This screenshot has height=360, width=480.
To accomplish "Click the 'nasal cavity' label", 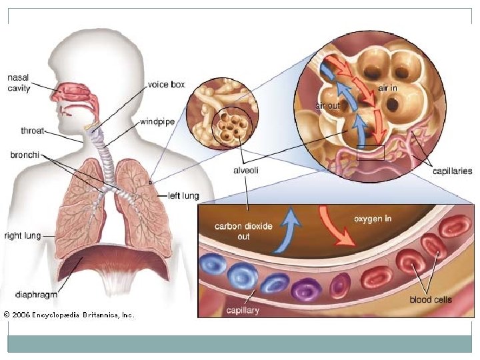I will (x=19, y=83).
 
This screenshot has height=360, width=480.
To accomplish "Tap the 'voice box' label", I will (x=166, y=85).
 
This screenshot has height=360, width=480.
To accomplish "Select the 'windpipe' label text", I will (x=156, y=122).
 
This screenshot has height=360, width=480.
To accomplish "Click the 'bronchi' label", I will (x=24, y=155).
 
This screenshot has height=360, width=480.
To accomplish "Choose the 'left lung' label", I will (x=182, y=196).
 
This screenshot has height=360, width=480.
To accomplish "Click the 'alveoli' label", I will (x=245, y=171).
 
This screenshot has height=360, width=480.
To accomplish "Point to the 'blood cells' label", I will (x=431, y=299).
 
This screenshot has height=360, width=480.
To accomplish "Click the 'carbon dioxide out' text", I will (x=243, y=231).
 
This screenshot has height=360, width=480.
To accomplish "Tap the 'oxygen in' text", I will (x=372, y=219).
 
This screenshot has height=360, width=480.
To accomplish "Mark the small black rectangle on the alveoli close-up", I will (x=371, y=153).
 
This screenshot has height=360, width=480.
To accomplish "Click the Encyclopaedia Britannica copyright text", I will (x=68, y=315).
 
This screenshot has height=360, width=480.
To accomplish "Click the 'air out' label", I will (x=328, y=105).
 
